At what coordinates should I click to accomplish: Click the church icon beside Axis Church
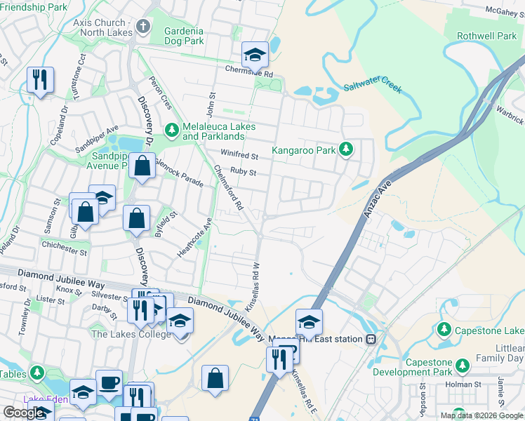pyautogui.click(x=143, y=27)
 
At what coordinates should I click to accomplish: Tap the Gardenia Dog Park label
pyautogui.click(x=183, y=36)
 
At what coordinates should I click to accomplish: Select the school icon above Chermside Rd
pyautogui.click(x=255, y=54)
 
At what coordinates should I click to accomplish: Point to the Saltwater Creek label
pyautogui.click(x=372, y=88)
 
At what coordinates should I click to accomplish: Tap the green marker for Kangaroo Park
pyautogui.click(x=345, y=149)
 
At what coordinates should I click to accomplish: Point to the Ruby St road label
pyautogui.click(x=243, y=172)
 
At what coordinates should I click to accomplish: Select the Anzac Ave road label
pyautogui.click(x=377, y=201)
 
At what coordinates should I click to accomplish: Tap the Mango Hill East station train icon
pyautogui.click(x=371, y=339)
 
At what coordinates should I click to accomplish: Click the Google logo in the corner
pyautogui.click(x=23, y=413)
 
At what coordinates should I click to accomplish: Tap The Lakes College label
pyautogui.click(x=131, y=334)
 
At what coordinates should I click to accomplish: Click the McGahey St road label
pyautogui.click(x=505, y=10)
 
